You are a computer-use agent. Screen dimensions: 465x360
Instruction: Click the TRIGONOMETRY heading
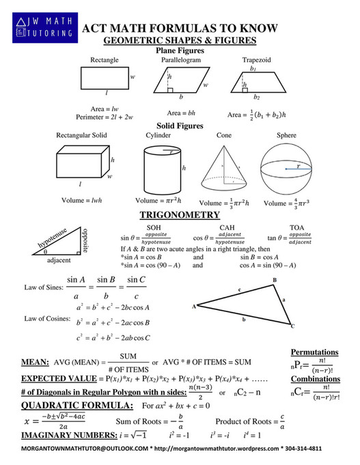(x=180, y=214)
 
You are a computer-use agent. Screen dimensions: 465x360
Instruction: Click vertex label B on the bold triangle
(x=275, y=281)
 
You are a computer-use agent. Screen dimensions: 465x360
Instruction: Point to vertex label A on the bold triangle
(x=194, y=306)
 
